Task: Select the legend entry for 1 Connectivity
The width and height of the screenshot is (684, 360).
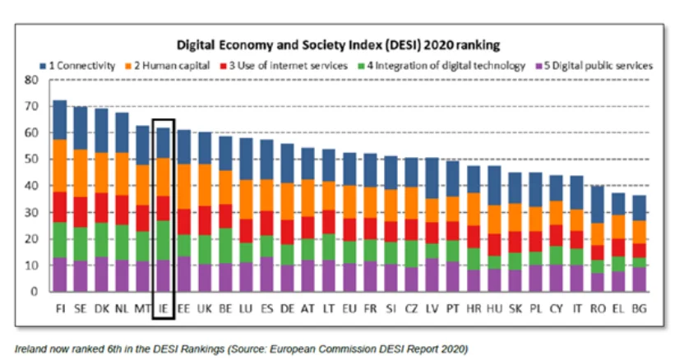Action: click(77, 66)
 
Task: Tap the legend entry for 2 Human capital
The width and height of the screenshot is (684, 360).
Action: click(168, 66)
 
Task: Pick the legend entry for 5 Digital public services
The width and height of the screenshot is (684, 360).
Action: click(594, 66)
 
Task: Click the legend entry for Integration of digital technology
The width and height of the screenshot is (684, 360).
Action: click(441, 66)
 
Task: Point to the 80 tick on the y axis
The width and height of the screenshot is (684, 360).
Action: click(31, 80)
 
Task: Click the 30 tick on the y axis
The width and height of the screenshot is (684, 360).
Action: click(31, 213)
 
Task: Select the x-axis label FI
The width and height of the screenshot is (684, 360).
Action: click(60, 308)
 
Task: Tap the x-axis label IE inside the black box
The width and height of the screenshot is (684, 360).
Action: click(164, 308)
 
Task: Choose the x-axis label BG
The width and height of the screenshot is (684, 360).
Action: click(639, 308)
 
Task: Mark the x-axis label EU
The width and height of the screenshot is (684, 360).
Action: click(349, 308)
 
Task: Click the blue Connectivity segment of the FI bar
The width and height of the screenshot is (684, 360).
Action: click(60, 120)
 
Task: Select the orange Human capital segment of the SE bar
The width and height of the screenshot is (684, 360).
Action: click(81, 173)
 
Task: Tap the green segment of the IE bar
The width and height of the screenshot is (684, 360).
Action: click(164, 241)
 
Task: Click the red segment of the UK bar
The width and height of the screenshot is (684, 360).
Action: click(205, 221)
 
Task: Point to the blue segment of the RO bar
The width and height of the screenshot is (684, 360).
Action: click(598, 205)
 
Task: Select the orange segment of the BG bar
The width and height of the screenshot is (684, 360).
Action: click(639, 232)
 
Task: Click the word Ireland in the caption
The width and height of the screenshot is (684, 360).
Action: click(30, 349)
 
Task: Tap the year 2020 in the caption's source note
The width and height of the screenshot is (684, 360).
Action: click(456, 349)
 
